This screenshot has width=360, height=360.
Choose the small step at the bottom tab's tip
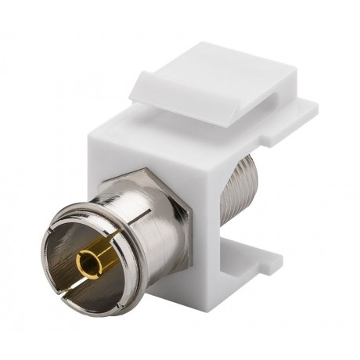tap(266, 274)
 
